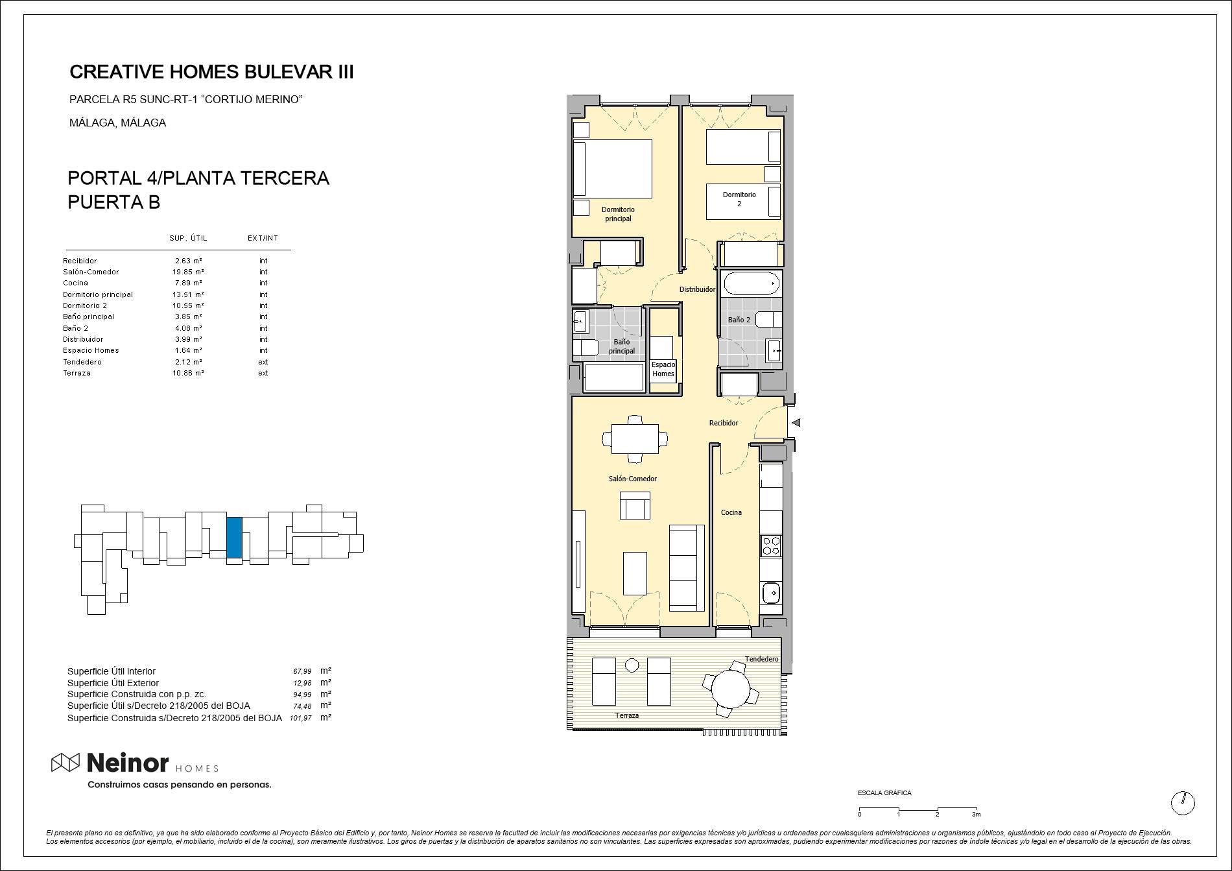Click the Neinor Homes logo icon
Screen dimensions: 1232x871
(x=65, y=763)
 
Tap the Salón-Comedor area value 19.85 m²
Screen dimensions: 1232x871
(x=188, y=272)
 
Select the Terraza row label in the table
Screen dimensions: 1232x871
(x=77, y=373)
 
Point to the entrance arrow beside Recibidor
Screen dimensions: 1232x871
(x=796, y=423)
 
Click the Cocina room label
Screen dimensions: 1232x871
(x=731, y=512)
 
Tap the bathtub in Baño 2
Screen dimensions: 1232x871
(x=752, y=283)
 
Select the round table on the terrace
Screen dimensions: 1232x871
(x=731, y=689)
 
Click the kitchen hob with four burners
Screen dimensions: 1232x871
(x=771, y=545)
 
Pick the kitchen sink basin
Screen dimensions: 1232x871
(x=772, y=592)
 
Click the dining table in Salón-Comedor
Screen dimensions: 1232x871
(x=635, y=439)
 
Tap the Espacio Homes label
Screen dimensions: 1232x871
(x=663, y=369)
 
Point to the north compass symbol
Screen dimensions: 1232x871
(x=1183, y=803)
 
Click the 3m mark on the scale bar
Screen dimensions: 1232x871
(x=976, y=814)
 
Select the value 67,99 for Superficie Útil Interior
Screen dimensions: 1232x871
(x=302, y=672)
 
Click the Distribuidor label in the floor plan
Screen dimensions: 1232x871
(x=697, y=289)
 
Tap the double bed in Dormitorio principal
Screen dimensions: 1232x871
(x=613, y=169)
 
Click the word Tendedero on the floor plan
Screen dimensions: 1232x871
(x=761, y=659)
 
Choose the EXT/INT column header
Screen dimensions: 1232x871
(x=263, y=238)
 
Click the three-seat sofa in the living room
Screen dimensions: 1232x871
(x=687, y=568)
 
